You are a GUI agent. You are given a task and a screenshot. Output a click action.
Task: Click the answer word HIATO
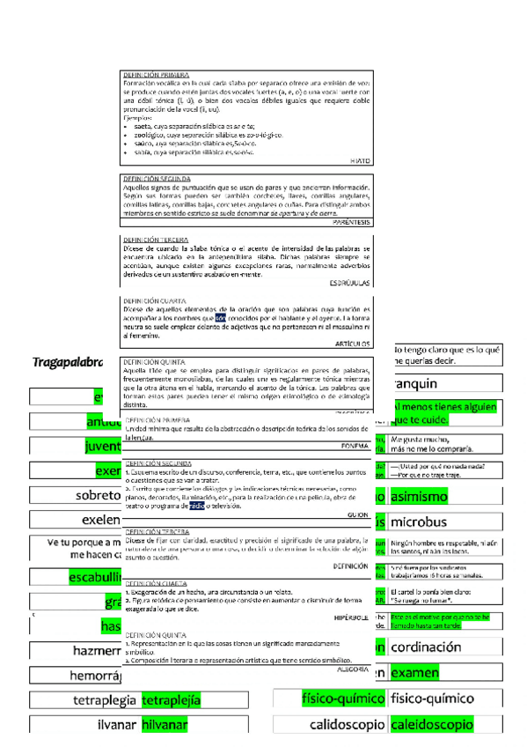point(360,162)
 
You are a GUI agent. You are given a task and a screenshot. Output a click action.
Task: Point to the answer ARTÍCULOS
point(354,344)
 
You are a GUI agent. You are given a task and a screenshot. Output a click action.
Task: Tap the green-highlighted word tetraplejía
point(172,700)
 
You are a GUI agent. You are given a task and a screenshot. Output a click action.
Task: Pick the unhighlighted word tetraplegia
point(105,700)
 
